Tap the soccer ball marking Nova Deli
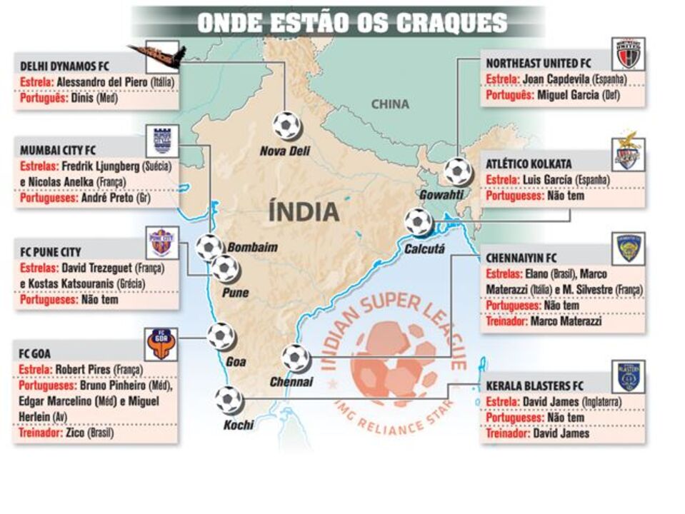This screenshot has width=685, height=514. point(286,125)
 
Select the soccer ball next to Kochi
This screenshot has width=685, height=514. point(229,400)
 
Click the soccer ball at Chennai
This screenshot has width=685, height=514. point(295,358)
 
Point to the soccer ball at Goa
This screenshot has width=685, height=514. point(221,336)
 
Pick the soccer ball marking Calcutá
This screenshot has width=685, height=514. point(418,222)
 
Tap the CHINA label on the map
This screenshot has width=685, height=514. point(390,104)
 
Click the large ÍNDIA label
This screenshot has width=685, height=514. point(304,211)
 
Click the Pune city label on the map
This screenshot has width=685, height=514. point(235,293)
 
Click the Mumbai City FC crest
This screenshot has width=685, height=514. point(161,141)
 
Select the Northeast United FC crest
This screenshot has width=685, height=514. point(628,54)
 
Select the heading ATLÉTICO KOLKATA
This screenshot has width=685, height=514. point(529,163)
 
